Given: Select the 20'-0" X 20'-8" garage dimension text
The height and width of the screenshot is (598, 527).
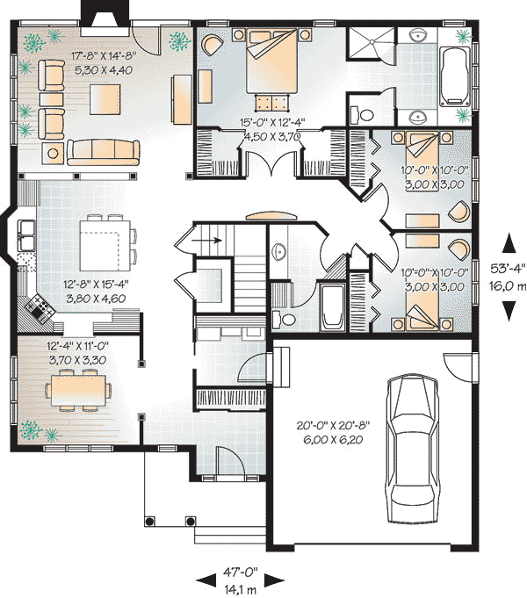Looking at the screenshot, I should (332, 425).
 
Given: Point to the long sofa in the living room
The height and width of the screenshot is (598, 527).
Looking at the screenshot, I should (103, 151).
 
